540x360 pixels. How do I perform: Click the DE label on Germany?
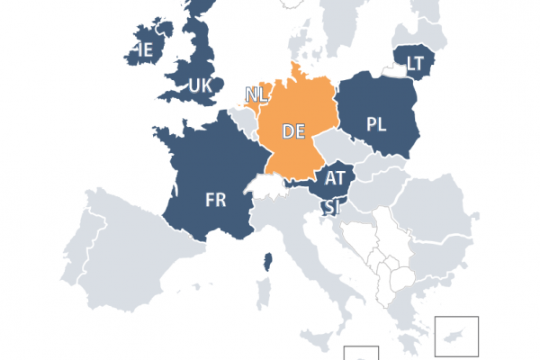[x=293, y=131]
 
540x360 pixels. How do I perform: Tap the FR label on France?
[x=215, y=200]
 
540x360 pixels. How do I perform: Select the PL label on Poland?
[x=377, y=124]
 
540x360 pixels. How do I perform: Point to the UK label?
[x=200, y=85]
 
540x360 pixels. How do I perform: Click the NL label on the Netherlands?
[x=255, y=93]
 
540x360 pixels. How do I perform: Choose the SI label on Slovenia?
[x=332, y=209]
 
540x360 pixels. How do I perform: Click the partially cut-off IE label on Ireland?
[x=142, y=49]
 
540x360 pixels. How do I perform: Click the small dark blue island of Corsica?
[x=267, y=263]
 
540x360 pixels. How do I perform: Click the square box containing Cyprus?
[x=456, y=337]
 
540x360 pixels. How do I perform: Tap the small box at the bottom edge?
[x=366, y=353]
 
